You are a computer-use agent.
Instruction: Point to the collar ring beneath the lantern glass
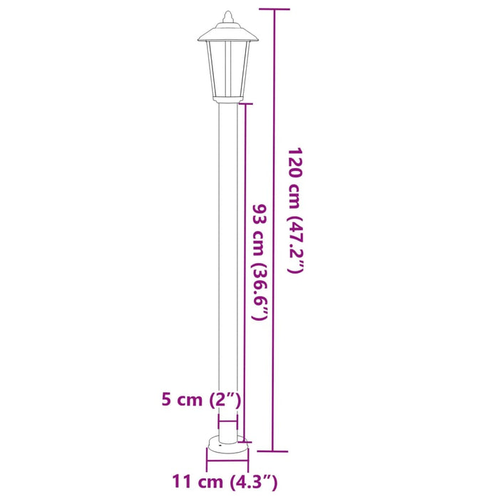point(227,97)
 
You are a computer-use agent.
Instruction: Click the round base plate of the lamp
point(228,446)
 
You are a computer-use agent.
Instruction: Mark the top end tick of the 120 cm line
point(273,9)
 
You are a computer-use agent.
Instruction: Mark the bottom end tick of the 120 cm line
point(273,451)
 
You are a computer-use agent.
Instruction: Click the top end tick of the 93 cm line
point(245,104)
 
